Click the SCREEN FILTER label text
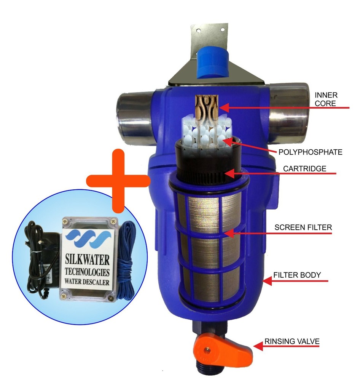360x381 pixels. (x=303, y=227)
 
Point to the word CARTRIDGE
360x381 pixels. (x=303, y=169)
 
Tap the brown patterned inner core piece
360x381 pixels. (x=207, y=107)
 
